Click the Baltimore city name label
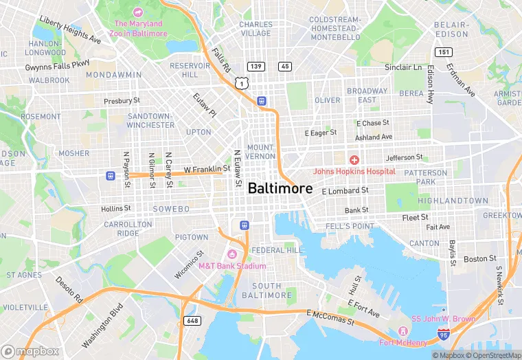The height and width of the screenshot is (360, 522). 280,188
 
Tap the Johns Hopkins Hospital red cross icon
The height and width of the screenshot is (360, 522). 354,160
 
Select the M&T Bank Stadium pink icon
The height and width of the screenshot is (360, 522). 231,255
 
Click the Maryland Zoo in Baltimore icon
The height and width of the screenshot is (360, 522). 137,12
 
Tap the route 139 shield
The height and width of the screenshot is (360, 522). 256,66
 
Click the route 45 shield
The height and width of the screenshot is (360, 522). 284,66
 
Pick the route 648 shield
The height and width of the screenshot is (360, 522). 192,321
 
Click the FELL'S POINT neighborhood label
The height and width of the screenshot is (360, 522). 350,226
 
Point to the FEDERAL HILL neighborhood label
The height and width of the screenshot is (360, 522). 277,250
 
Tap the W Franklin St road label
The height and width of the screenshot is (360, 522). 207,168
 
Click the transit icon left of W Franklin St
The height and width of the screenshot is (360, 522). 109,175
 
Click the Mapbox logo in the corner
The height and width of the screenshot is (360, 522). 31,351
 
